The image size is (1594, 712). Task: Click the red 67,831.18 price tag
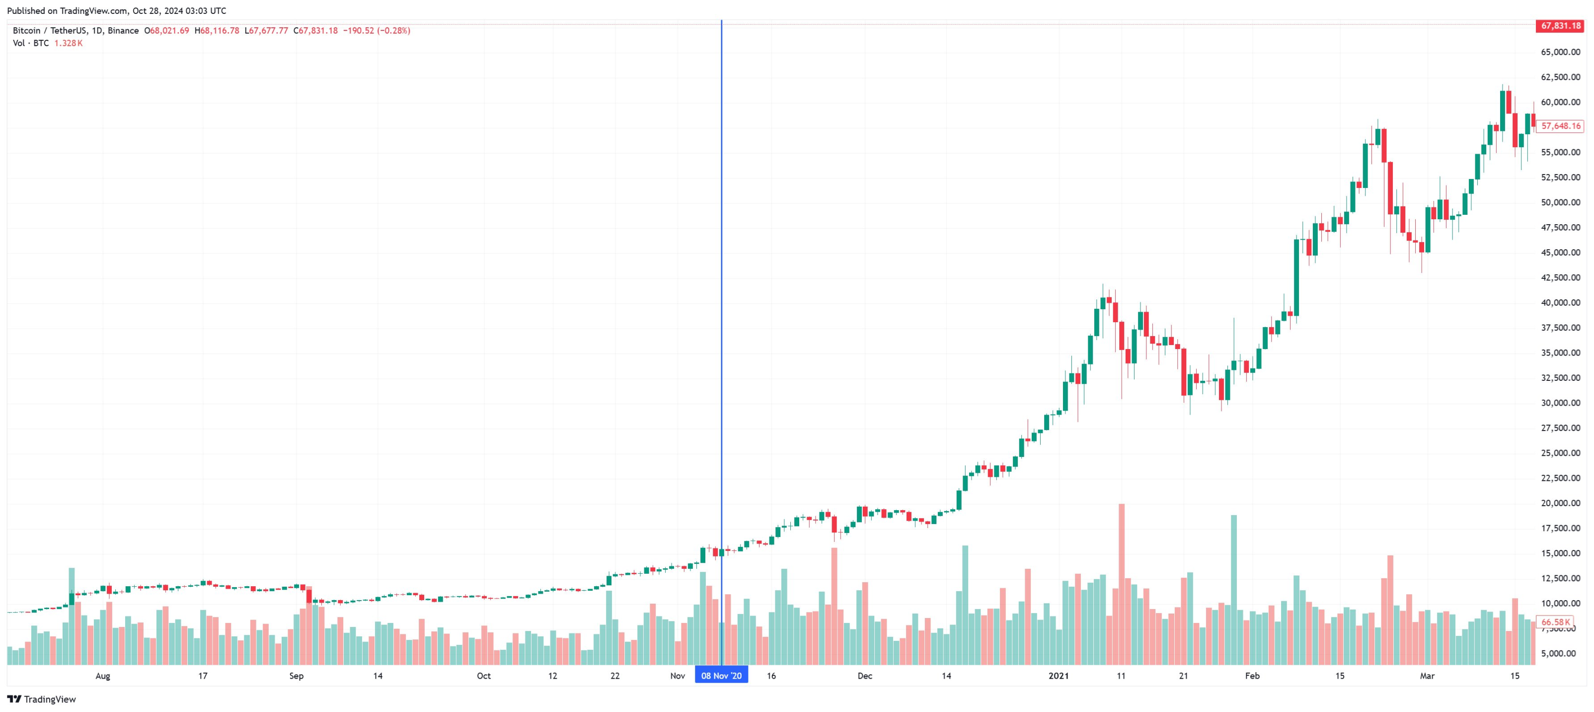pyautogui.click(x=1560, y=26)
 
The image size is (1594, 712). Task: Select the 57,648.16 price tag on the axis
pyautogui.click(x=1560, y=126)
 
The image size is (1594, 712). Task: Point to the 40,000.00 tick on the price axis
pyautogui.click(x=1560, y=303)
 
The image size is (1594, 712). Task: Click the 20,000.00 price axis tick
pyautogui.click(x=1560, y=503)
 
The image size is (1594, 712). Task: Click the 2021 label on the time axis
pyautogui.click(x=1058, y=676)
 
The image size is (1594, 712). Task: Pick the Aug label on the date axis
pyautogui.click(x=103, y=676)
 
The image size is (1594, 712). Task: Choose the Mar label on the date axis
pyautogui.click(x=1427, y=676)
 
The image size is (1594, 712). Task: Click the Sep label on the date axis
pyautogui.click(x=297, y=676)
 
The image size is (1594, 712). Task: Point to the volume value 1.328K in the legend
pyautogui.click(x=68, y=43)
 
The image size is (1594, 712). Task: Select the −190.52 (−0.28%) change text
pyautogui.click(x=376, y=30)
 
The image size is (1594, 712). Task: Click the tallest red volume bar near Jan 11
pyautogui.click(x=1121, y=582)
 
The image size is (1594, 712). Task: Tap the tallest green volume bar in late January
pyautogui.click(x=1234, y=588)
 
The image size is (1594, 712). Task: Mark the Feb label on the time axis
pyautogui.click(x=1252, y=676)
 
